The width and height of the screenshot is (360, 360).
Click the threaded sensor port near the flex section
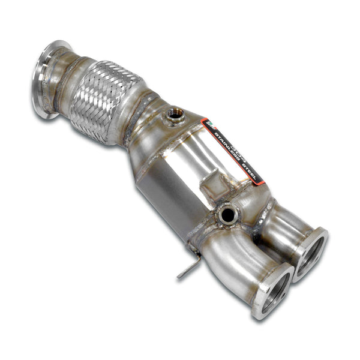pyautogui.click(x=176, y=114)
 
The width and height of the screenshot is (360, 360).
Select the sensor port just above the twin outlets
pyautogui.click(x=227, y=215)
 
